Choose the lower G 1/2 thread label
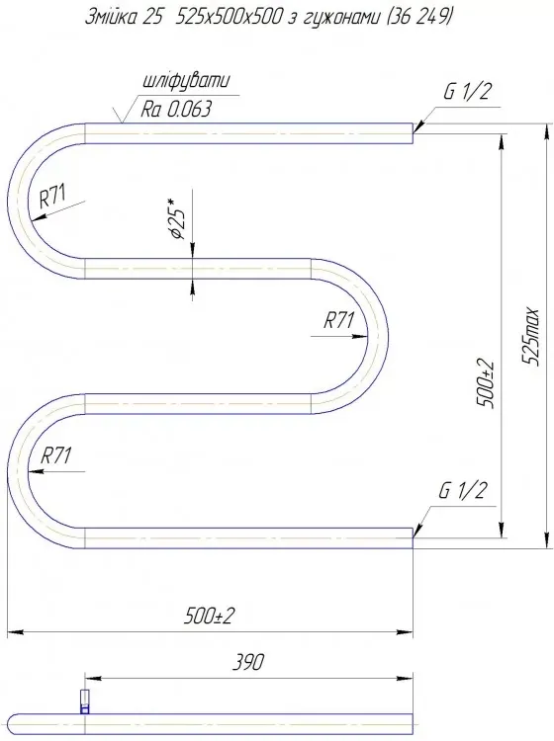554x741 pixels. pos(463,491)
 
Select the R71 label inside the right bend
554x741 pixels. pos(338,320)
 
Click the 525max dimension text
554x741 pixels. pos(531,335)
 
